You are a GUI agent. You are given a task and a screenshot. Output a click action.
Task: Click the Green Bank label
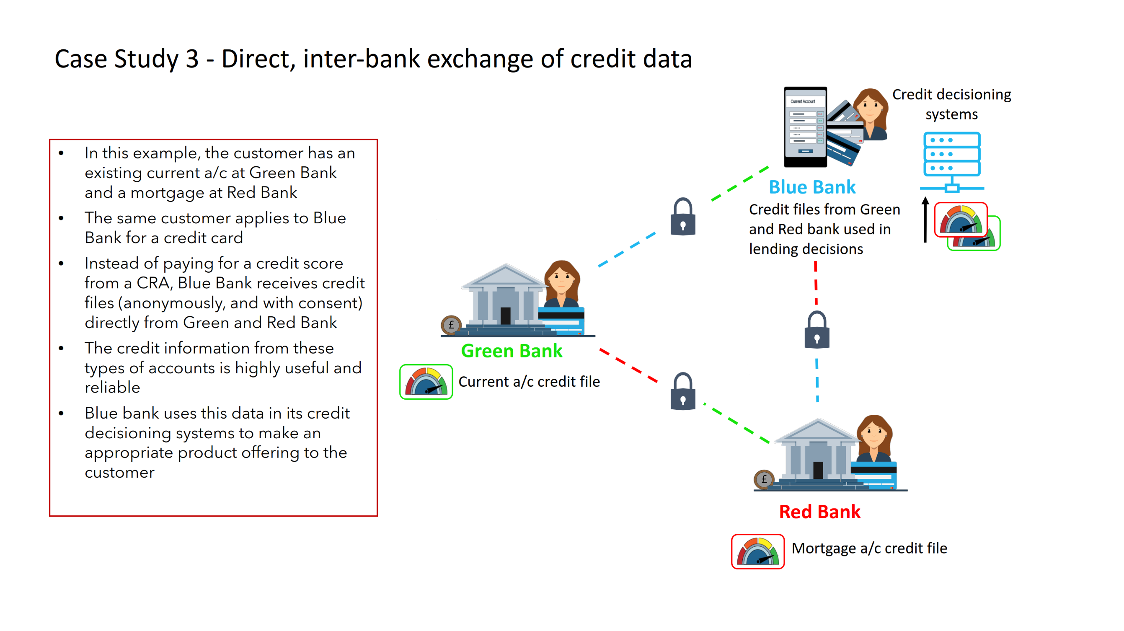pos(512,351)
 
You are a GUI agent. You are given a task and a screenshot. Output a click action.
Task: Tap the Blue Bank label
pos(811,187)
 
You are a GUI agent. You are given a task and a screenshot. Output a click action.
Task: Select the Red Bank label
pos(819,512)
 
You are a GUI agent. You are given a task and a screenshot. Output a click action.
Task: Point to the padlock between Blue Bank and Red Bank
pos(817,330)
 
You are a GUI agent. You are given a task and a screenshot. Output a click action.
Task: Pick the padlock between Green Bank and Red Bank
pos(683,392)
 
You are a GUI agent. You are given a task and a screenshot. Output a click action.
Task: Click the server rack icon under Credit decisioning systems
pos(952,161)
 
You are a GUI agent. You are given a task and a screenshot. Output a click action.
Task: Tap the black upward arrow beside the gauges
pos(925,220)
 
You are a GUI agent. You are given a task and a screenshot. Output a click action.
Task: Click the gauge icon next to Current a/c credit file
pos(426,382)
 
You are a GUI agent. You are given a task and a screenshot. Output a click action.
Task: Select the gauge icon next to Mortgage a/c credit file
pos(757,551)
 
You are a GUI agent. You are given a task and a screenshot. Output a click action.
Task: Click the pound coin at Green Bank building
pos(451,325)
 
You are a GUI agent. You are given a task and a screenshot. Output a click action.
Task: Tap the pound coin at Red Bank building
pos(764,479)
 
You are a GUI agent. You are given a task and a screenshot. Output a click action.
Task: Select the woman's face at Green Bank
pos(561,278)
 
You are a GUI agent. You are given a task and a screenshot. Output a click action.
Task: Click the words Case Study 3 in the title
pos(127,59)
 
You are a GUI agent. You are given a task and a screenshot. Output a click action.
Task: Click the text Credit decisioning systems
pos(951,104)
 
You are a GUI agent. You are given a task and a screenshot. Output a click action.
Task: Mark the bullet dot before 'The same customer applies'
pos(61,218)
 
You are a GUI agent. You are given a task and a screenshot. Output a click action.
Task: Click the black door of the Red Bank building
pos(818,471)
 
